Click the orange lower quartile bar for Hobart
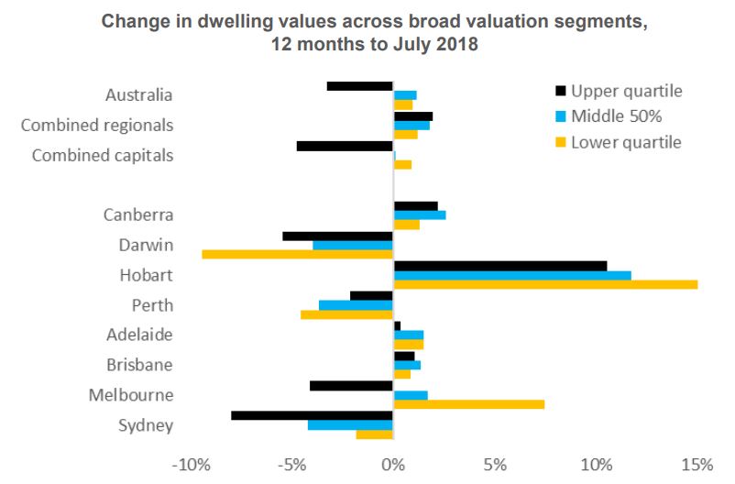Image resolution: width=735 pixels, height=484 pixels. pyautogui.click(x=545, y=284)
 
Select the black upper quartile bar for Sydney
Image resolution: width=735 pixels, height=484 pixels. pyautogui.click(x=312, y=415)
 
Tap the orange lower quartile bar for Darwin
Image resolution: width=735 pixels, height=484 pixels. pyautogui.click(x=297, y=254)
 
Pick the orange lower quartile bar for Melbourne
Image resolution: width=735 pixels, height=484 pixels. pyautogui.click(x=468, y=404)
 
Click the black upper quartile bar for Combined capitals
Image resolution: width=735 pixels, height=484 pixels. pyautogui.click(x=345, y=146)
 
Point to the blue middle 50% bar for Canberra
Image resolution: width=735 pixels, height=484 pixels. pyautogui.click(x=420, y=214)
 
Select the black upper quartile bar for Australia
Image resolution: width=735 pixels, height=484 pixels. pyautogui.click(x=359, y=86)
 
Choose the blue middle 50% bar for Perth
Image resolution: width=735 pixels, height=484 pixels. pyautogui.click(x=356, y=304)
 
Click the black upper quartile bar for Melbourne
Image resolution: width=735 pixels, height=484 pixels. pyautogui.click(x=351, y=385)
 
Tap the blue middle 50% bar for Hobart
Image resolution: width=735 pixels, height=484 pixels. pyautogui.click(x=512, y=275)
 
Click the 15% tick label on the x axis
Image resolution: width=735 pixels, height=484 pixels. pyautogui.click(x=697, y=464)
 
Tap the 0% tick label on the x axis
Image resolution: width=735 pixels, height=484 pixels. pyautogui.click(x=393, y=464)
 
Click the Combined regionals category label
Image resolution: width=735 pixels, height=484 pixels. pyautogui.click(x=97, y=125)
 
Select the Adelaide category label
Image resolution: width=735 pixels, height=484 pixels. pyautogui.click(x=140, y=335)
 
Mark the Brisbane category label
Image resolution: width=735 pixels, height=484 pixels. pyautogui.click(x=140, y=365)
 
